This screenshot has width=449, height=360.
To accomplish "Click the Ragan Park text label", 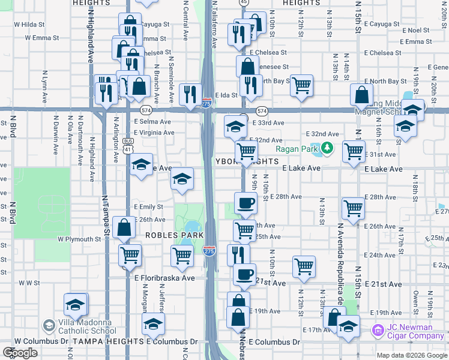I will pos(296,149).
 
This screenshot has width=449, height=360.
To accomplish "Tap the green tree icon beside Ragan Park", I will pos(327,147).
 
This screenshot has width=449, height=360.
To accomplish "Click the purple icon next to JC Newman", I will pos(378,331).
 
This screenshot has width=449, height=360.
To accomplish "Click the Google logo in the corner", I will pos(20,352).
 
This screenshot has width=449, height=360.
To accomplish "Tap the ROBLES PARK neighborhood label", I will pos(170,235).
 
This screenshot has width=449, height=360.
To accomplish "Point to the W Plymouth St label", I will pos(80,239).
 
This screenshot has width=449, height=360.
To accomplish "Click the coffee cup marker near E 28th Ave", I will pos(245,202).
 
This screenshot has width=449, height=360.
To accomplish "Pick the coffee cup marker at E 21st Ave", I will pos(244,274).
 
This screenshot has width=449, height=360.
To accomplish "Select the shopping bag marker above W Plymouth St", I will pos(124,227).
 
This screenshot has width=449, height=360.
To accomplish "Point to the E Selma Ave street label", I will pos(153,121).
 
